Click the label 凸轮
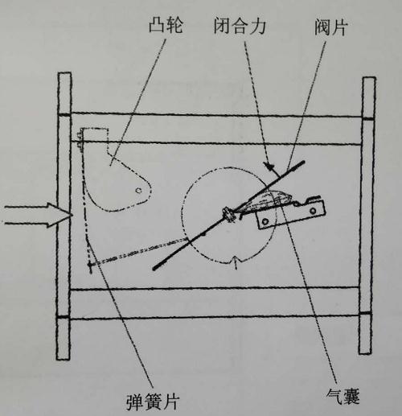click(x=166, y=26)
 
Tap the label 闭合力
click(x=240, y=26)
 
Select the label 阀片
click(x=331, y=27)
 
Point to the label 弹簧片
click(x=153, y=402)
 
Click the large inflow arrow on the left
click(x=38, y=215)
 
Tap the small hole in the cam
click(x=138, y=191)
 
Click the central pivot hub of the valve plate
click(x=228, y=214)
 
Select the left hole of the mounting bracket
click(x=265, y=221)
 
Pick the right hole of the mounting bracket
click(x=313, y=211)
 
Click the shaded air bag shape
click(x=265, y=201)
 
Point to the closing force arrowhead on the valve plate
click(x=269, y=166)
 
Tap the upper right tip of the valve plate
click(x=303, y=162)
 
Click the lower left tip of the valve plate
click(x=154, y=268)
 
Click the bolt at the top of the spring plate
click(x=80, y=139)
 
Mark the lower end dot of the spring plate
click(x=90, y=265)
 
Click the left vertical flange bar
click(x=64, y=216)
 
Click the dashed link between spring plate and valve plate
click(x=139, y=252)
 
